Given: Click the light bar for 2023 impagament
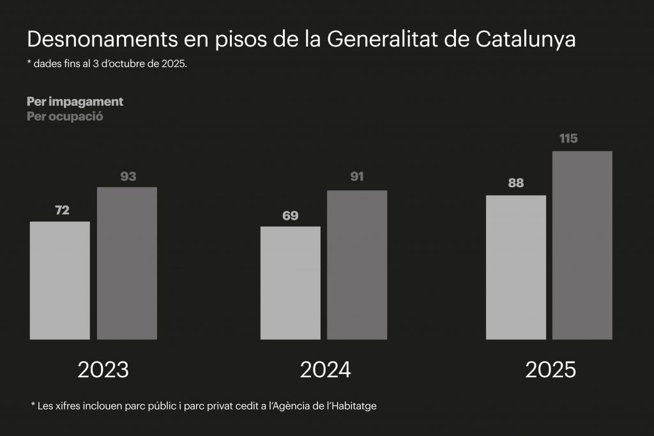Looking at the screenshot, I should pos(60,280).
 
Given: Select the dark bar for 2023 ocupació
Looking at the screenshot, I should pos(127,263).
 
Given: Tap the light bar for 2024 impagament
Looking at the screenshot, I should pos(291,283).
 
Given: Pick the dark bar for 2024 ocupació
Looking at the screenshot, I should pos(357,265).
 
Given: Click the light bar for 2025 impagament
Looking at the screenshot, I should pos(516,267).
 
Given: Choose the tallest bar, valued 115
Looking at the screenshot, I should pos(582,245).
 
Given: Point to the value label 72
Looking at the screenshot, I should pos(62,210).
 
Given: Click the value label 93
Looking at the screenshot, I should pos(128,176).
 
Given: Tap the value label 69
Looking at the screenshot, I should pos(291,216).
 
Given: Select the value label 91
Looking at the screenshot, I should pos(357,176).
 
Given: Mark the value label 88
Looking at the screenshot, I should pos(516,183).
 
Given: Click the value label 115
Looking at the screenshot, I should pos(568,139).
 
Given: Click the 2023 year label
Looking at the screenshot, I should pos(103,370).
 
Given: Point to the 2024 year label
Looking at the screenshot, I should pos(326,370).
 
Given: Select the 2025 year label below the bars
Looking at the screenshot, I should pos(551,370).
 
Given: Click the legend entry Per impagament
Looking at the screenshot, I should pos(75,101).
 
